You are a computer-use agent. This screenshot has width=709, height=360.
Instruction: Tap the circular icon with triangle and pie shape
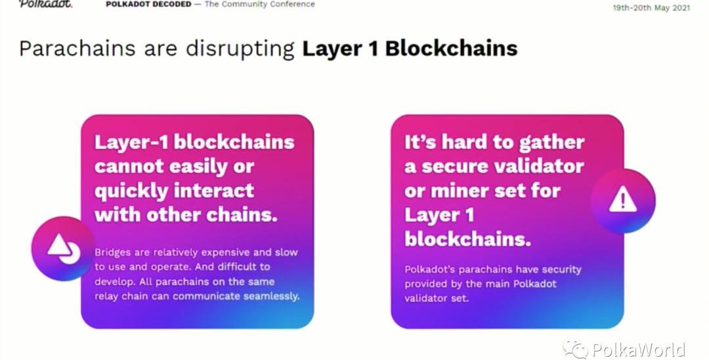(63, 248)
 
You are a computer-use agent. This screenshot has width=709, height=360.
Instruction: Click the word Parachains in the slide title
(77, 49)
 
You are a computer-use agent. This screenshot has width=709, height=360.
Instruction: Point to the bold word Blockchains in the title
(451, 49)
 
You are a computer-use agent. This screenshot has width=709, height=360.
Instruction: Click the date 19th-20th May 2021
(651, 8)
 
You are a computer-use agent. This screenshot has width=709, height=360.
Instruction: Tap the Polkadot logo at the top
(45, 4)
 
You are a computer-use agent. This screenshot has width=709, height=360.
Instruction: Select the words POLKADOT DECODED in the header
(148, 4)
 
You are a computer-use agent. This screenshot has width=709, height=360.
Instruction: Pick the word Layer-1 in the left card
(131, 143)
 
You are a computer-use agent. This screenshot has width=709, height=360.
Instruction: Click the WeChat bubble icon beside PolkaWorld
(575, 349)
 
